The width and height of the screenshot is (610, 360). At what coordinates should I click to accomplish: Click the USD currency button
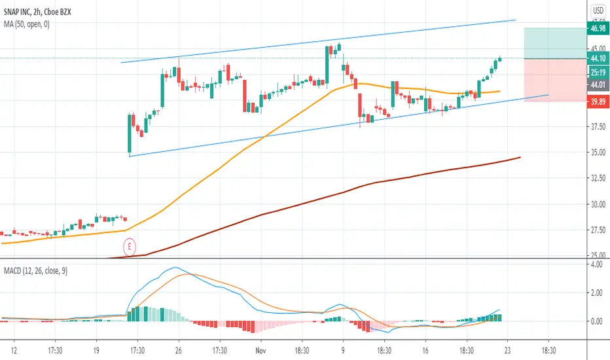(x=598, y=10)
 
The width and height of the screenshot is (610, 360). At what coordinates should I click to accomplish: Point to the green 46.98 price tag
(x=598, y=29)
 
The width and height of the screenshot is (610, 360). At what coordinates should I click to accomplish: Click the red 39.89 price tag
(x=598, y=102)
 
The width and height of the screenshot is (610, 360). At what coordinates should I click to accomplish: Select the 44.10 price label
(x=598, y=58)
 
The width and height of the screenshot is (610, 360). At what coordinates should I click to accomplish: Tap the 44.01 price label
(x=598, y=84)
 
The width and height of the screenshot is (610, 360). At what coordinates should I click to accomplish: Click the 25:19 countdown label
(x=598, y=71)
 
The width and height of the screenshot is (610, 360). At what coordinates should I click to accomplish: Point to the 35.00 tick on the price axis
(x=598, y=153)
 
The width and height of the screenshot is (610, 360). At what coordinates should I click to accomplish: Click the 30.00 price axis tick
(x=598, y=204)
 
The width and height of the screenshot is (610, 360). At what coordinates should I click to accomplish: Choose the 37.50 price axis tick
(x=598, y=127)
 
